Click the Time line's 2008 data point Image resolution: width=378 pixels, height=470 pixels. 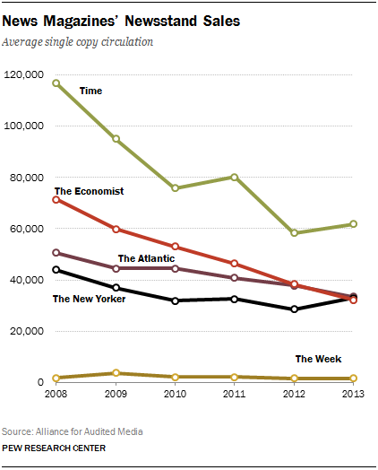coord(56,83)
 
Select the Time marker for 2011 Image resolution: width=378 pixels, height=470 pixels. coord(235,177)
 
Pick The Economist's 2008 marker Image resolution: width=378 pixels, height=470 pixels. coord(56,199)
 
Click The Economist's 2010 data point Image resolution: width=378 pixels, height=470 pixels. coord(176,246)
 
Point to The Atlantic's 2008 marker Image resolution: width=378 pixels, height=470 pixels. coord(56,253)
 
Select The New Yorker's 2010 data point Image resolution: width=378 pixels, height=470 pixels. coord(176,300)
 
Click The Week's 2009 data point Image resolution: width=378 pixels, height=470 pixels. coord(116,373)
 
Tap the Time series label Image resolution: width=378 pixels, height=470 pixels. coord(90,91)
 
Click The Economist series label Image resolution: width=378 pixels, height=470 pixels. coord(89,191)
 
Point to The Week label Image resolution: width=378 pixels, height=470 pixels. coord(318,360)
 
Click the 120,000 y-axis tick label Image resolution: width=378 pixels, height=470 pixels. coord(25,74)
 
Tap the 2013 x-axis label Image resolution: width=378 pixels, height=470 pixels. coord(353,395)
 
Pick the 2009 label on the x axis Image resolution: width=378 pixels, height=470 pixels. coord(116,395)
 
